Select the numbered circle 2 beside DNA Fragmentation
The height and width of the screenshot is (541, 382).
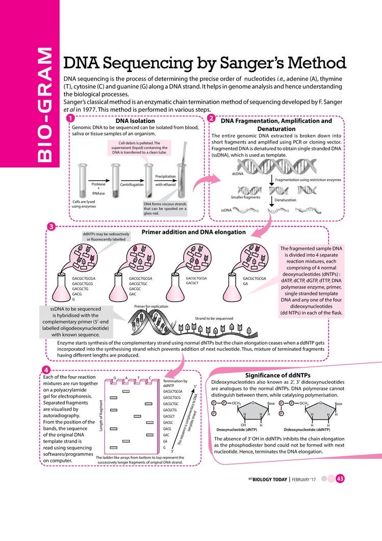click(212, 118)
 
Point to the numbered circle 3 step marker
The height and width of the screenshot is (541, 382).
click(51, 227)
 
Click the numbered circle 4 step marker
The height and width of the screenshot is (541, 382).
click(46, 370)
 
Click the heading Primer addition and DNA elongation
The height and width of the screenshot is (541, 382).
click(194, 232)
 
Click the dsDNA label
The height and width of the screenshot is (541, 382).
click(237, 174)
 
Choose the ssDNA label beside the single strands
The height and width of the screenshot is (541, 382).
click(226, 210)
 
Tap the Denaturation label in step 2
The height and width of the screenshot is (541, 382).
click(286, 200)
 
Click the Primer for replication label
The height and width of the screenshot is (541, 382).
click(151, 306)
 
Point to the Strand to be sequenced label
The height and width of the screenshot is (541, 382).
click(214, 318)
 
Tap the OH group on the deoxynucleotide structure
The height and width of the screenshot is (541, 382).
click(243, 424)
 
